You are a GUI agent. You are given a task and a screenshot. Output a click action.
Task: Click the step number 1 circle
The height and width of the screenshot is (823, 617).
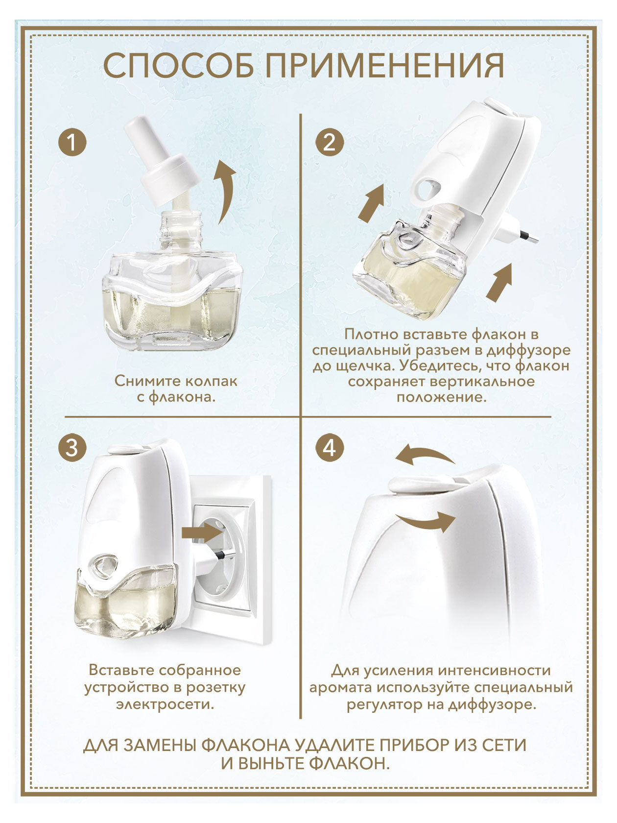pyautogui.click(x=72, y=143)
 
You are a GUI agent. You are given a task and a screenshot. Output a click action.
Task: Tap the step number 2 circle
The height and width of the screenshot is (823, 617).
pyautogui.click(x=330, y=143)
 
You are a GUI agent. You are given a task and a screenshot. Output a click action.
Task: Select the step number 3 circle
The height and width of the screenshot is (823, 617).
pyautogui.click(x=72, y=448)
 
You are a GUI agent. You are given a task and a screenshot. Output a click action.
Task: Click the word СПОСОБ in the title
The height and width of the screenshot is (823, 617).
pyautogui.click(x=178, y=66)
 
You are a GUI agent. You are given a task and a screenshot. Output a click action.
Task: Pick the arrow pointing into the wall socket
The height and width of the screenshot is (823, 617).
pyautogui.click(x=202, y=532)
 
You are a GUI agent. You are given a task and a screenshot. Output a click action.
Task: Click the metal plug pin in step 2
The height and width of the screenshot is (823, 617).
pyautogui.click(x=528, y=237)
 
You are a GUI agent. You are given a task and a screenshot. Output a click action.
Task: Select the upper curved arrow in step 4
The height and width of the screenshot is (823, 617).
pyautogui.click(x=425, y=456)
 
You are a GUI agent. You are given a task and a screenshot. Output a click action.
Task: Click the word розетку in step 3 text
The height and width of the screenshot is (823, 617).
pyautogui.click(x=216, y=687)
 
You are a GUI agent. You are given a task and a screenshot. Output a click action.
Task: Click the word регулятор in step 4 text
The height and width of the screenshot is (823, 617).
pyautogui.click(x=384, y=705)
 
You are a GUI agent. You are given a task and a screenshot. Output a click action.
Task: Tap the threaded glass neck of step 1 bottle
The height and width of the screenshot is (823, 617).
pyautogui.click(x=181, y=231)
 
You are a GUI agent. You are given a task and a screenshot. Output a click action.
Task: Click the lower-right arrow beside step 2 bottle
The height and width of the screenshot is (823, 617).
pyautogui.click(x=500, y=282)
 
